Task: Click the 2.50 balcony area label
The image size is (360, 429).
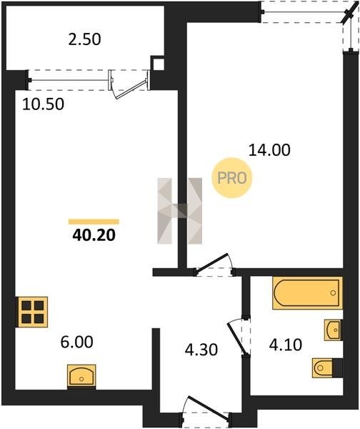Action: tap(84, 39)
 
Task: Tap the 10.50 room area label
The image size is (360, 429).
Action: tap(43, 104)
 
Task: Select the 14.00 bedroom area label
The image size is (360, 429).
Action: tap(269, 150)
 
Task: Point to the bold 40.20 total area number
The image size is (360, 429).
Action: tap(94, 235)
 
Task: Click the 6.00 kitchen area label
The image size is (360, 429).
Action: tap(77, 342)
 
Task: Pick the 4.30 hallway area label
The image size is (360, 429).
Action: tap(201, 350)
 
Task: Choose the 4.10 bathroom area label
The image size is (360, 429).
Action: tap(286, 345)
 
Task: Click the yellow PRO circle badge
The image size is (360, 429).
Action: tap(232, 178)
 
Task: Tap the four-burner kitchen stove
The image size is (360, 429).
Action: tap(33, 312)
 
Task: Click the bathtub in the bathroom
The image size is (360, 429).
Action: tap(308, 293)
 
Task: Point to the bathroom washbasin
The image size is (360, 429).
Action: tap(333, 330)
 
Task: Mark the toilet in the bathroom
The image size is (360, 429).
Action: tap(327, 368)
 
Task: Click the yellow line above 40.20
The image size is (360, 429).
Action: tap(94, 222)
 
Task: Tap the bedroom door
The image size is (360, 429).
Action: tap(213, 263)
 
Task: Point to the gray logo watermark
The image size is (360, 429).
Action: tap(180, 211)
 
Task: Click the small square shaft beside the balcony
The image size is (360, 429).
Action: tap(157, 64)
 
